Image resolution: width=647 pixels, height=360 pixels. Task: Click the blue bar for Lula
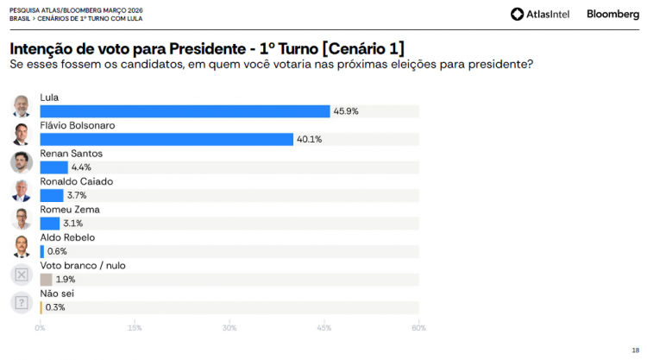[x=185, y=111]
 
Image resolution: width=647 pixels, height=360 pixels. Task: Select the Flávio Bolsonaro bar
[x=166, y=139]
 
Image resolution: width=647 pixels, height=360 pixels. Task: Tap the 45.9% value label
[x=346, y=111]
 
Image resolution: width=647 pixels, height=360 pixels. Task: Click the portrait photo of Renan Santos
[x=22, y=162]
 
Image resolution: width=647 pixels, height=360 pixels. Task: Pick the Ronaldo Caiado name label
[x=77, y=182]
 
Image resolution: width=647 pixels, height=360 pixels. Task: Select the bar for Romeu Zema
[x=49, y=224]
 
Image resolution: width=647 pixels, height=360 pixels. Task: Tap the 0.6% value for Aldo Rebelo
[x=57, y=251]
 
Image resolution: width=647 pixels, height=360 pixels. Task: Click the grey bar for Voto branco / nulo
[x=46, y=279]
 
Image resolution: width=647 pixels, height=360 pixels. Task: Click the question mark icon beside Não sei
[x=22, y=303]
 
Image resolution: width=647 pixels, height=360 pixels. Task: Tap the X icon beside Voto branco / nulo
[x=22, y=275]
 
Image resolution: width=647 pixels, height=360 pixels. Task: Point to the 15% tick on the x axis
[x=135, y=327]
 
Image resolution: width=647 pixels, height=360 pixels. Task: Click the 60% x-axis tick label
[x=418, y=327]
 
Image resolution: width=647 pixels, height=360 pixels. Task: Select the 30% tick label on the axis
[x=229, y=327]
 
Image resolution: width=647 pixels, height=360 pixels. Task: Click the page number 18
[x=635, y=350]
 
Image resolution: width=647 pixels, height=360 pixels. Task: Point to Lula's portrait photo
[x=22, y=106]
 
